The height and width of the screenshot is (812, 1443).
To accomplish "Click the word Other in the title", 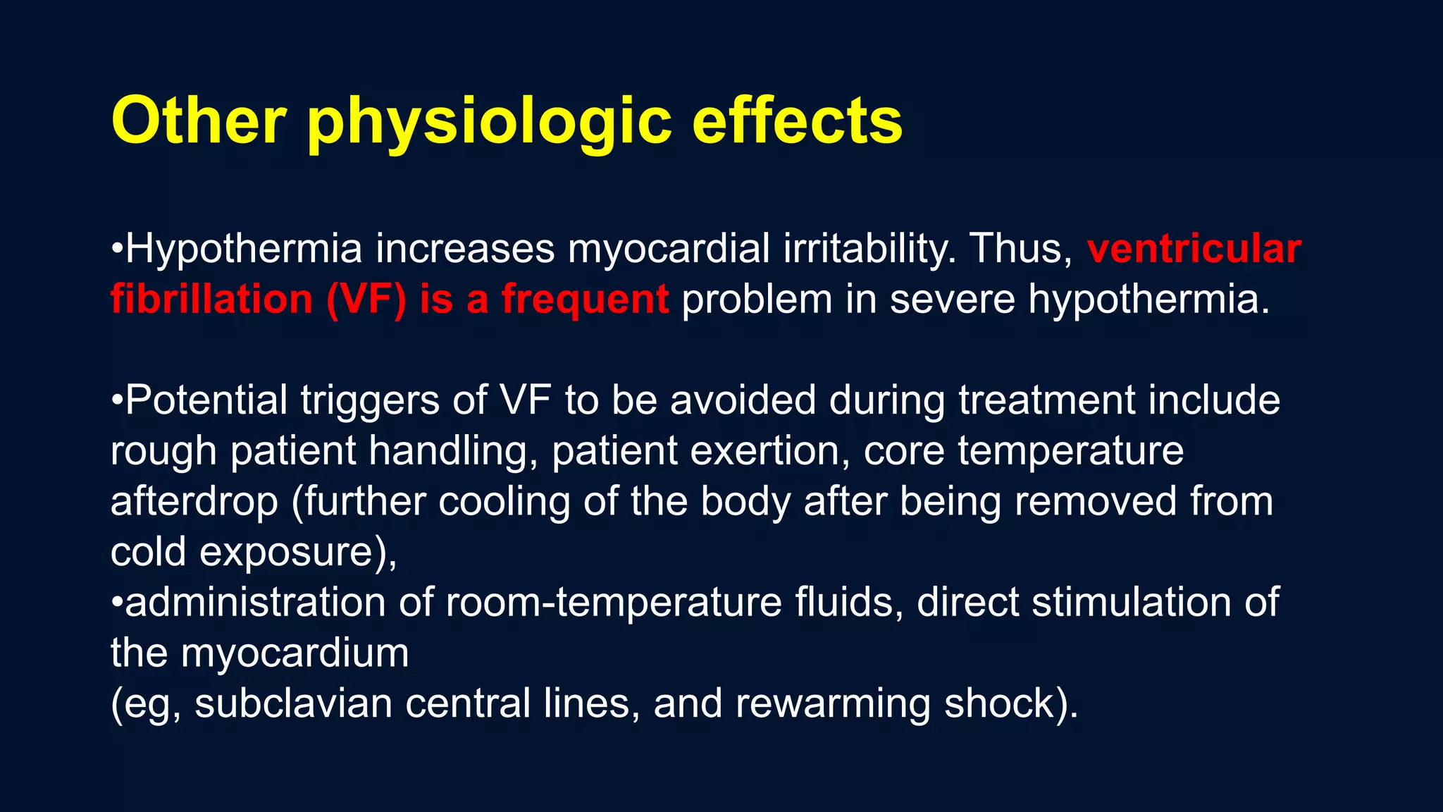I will click(198, 121).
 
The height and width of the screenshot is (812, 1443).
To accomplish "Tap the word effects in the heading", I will click(797, 121).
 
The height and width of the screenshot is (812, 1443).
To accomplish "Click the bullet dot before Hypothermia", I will click(117, 250).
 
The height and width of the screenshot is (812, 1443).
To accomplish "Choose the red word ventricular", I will click(1194, 249).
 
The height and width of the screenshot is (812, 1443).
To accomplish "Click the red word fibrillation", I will click(211, 299).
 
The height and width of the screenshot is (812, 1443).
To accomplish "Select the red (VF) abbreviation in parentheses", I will click(366, 300).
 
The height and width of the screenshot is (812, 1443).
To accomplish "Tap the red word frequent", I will click(585, 300).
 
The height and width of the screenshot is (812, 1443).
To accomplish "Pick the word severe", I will click(952, 299).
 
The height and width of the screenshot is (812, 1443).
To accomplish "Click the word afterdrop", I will click(194, 501).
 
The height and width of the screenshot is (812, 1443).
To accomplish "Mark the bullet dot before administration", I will click(117, 603).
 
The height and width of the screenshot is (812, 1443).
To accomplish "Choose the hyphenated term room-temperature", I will click(613, 603).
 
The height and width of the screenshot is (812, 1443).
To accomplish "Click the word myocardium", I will click(295, 653).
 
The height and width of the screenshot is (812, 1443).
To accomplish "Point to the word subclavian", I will click(293, 703).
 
